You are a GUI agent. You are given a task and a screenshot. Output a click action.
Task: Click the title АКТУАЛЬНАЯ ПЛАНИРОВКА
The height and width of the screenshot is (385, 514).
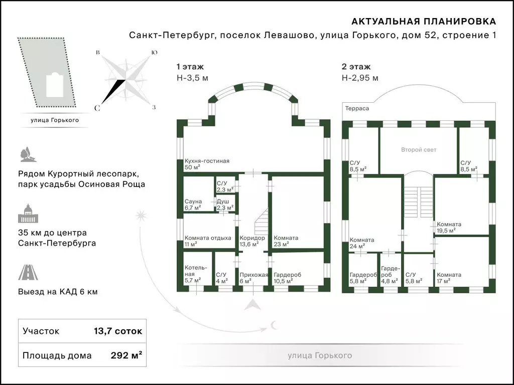tap(424, 22)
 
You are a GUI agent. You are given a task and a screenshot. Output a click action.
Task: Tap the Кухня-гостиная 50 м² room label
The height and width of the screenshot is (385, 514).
tap(207, 164)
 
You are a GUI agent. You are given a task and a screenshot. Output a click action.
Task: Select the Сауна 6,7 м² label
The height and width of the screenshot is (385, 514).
tap(193, 205)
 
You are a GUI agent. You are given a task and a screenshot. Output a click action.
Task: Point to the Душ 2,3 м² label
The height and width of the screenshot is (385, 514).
tap(225, 205)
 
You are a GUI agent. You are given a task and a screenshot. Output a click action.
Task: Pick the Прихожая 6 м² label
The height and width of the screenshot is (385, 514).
tap(253, 278)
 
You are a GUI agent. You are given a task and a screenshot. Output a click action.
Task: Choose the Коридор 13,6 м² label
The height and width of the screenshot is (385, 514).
tap(252, 241)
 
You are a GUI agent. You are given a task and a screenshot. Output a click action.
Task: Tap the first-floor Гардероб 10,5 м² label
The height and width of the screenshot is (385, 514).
tap(287, 278)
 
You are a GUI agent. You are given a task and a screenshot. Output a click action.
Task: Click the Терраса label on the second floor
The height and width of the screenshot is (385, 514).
tap(357, 108)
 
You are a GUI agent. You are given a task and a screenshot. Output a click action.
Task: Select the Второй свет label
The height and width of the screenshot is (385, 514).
tap(419, 150)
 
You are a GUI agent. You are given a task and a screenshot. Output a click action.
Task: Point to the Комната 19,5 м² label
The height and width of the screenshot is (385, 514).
tap(449, 227)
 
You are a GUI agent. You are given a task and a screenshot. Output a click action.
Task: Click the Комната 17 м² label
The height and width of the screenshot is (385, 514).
tap(449, 278)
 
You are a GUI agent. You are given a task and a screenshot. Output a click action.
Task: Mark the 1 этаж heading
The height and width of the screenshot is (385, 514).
tap(190, 67)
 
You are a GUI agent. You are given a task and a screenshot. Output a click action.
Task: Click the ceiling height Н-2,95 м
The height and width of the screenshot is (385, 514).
tap(360, 78)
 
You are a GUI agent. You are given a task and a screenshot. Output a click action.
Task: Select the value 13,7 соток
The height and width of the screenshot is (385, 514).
tap(118, 331)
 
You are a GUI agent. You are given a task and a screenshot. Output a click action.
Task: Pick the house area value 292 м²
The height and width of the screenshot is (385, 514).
tap(126, 355)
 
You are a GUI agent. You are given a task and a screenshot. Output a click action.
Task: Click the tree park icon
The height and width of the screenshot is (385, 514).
tap(28, 154)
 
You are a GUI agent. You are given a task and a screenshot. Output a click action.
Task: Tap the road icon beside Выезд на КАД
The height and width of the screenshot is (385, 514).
tap(28, 272)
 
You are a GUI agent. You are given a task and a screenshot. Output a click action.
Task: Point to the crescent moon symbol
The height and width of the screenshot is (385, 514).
tap(274, 325)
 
